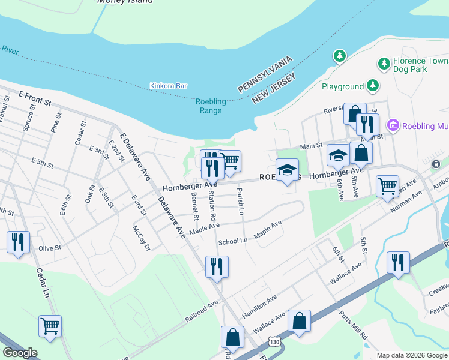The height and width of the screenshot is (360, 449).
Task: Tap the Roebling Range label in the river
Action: click(x=210, y=106)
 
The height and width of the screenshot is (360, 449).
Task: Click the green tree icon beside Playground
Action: click(x=373, y=86)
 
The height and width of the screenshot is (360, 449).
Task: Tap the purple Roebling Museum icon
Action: click(x=393, y=125)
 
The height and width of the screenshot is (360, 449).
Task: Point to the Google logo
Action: click(x=20, y=353)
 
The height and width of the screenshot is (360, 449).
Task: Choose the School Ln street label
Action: click(x=233, y=241)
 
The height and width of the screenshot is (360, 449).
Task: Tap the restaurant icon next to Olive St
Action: click(x=17, y=242)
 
